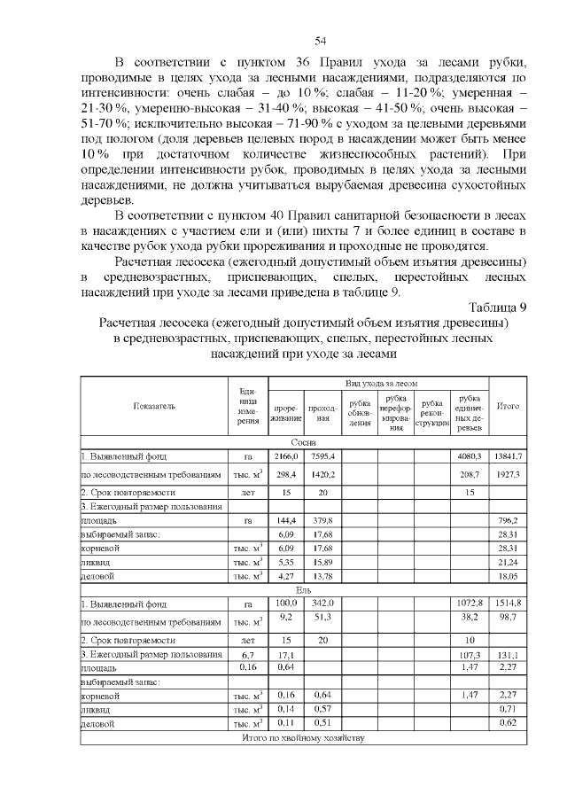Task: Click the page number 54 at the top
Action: (x=321, y=41)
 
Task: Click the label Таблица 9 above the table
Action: (x=498, y=308)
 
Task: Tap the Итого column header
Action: (x=508, y=406)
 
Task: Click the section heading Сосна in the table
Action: (x=304, y=441)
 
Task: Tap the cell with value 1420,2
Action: (x=322, y=474)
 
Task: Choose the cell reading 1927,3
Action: (x=508, y=474)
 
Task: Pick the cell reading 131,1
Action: (x=508, y=655)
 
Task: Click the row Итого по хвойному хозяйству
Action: (x=304, y=737)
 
